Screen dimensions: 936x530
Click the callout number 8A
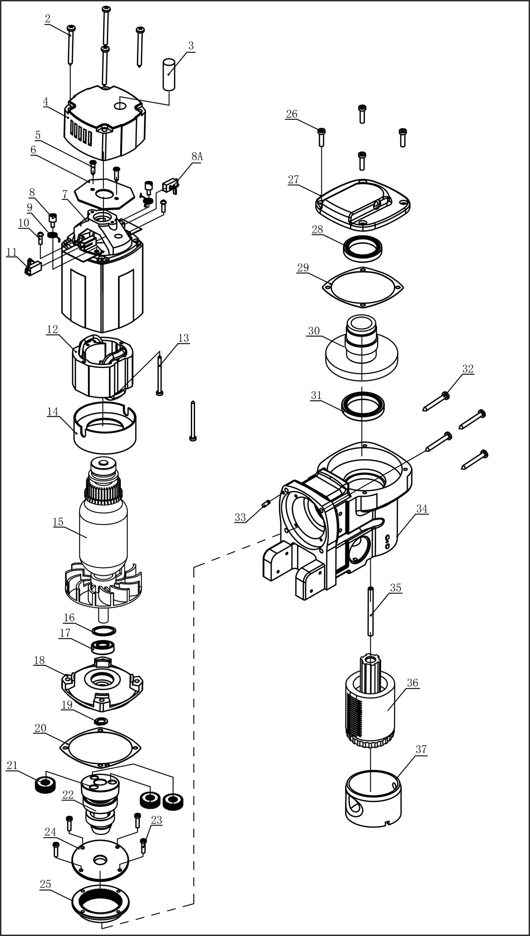pos(197,157)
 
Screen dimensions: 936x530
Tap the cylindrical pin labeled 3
pos(169,74)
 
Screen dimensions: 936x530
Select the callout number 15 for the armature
pos(58,522)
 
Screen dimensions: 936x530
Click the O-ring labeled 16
pos(104,630)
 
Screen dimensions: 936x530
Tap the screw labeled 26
pos(321,137)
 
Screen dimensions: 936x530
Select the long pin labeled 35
pos(370,611)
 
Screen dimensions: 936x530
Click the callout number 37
pos(421,757)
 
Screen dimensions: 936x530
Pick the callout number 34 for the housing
pos(422,509)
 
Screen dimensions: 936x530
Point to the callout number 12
pos(52,329)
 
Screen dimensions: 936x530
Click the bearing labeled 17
pos(103,646)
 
